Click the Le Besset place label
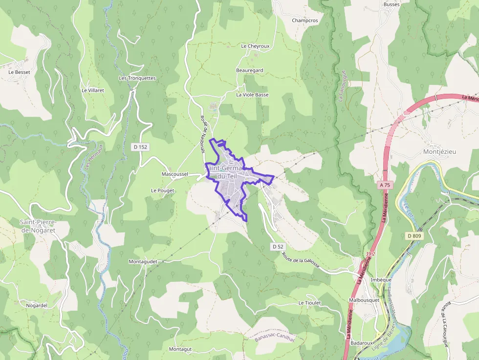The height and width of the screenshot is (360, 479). pyautogui.click(x=19, y=72)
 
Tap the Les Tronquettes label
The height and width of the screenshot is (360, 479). pyautogui.click(x=137, y=78)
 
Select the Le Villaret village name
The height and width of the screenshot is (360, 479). pyautogui.click(x=93, y=90)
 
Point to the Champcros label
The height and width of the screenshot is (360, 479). pyautogui.click(x=305, y=21)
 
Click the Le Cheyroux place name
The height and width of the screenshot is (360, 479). pyautogui.click(x=255, y=46)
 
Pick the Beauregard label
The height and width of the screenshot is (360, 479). pyautogui.click(x=250, y=70)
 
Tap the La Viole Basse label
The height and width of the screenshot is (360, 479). pyautogui.click(x=252, y=95)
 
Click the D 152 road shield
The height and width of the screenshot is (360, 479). pyautogui.click(x=140, y=147)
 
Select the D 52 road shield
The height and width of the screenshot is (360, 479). pyautogui.click(x=278, y=247)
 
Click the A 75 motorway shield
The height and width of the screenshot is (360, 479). pyautogui.click(x=385, y=185)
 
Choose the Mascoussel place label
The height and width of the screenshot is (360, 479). pyautogui.click(x=174, y=174)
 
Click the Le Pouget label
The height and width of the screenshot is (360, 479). pyautogui.click(x=163, y=190)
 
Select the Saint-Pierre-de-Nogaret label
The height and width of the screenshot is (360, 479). pyautogui.click(x=38, y=226)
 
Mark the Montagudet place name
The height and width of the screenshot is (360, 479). pyautogui.click(x=143, y=262)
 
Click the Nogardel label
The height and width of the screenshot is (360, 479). pyautogui.click(x=37, y=305)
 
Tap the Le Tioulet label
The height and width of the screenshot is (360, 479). pyautogui.click(x=309, y=303)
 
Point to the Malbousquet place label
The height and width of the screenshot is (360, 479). pyautogui.click(x=364, y=299)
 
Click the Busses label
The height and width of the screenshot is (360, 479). pyautogui.click(x=392, y=4)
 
